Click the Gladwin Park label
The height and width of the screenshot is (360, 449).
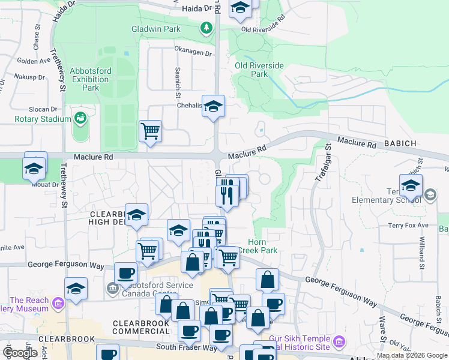156,29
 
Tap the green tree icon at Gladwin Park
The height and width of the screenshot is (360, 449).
206,28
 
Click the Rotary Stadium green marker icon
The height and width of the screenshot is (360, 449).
79,119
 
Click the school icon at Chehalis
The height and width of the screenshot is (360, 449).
213,107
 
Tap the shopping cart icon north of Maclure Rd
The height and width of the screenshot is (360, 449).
150,130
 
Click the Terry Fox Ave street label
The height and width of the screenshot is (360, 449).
408,225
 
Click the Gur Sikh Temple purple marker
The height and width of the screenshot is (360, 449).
340,342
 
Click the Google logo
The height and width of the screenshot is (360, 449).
20,353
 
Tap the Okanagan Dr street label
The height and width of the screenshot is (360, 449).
193,52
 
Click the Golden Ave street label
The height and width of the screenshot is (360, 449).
34,61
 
